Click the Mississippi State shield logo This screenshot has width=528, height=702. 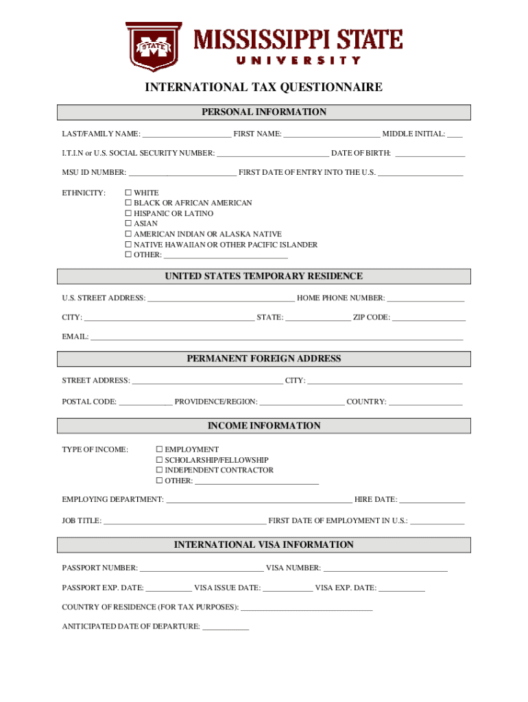pos(153,47)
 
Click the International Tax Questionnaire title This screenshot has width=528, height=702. pos(263,87)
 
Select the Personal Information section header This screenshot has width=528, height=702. pos(263,112)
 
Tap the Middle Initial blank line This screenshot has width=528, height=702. pos(455,134)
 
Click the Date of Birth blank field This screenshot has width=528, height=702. pos(430,153)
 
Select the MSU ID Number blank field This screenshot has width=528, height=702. pos(182,172)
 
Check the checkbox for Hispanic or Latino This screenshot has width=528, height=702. pos(128,214)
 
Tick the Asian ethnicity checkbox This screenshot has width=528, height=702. pos(128,224)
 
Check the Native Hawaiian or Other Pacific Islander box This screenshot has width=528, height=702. pos(128,245)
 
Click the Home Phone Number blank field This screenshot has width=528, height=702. pos(425,298)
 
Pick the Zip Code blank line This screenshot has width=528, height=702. pos(429,317)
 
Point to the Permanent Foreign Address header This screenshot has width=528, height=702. pos(263,359)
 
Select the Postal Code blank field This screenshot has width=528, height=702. pos(145,402)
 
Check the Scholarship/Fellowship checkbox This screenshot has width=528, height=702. pos(159,460)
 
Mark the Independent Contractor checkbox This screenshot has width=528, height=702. pos(159,470)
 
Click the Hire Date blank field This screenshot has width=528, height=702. pos(432,500)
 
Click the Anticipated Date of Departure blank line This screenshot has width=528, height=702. pos(226,626)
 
